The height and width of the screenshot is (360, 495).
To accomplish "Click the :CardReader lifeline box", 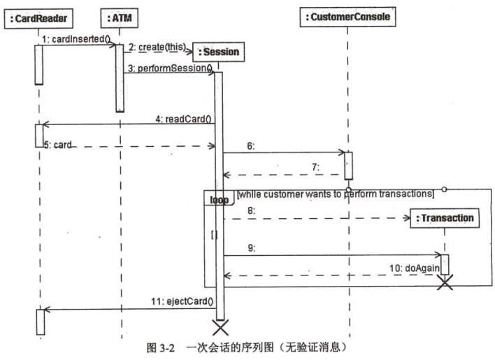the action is pyautogui.click(x=38, y=19).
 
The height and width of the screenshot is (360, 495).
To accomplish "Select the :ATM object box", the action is pyautogui.click(x=120, y=18).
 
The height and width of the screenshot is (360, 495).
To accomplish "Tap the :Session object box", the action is pyautogui.click(x=218, y=52).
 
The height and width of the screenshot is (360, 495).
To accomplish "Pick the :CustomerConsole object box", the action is pyautogui.click(x=347, y=17).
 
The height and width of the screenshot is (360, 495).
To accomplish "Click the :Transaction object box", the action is pyautogui.click(x=445, y=218).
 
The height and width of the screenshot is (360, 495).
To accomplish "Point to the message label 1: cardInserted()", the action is pyautogui.click(x=76, y=39).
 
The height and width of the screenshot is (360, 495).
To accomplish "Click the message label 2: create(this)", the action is pyautogui.click(x=157, y=48).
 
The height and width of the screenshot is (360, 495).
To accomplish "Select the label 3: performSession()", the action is pyautogui.click(x=170, y=68).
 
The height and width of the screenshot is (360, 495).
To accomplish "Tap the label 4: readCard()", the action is pyautogui.click(x=183, y=119).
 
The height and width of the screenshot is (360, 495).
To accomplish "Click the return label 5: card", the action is pyautogui.click(x=57, y=145).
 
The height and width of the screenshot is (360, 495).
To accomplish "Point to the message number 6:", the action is pyautogui.click(x=251, y=146).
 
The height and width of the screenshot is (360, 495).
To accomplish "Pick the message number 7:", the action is pyautogui.click(x=316, y=167).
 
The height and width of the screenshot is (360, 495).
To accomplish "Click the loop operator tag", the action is pyautogui.click(x=219, y=200).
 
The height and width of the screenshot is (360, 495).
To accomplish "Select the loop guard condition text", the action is pyautogui.click(x=336, y=194).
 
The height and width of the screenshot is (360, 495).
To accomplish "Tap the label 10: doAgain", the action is pyautogui.click(x=414, y=268).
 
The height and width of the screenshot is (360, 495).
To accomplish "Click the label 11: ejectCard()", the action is pyautogui.click(x=182, y=301).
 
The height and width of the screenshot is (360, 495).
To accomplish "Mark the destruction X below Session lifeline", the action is pyautogui.click(x=220, y=327).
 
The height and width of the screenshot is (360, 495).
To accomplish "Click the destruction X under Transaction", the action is pyautogui.click(x=445, y=282).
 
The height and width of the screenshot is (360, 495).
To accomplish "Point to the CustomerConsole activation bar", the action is pyautogui.click(x=348, y=166).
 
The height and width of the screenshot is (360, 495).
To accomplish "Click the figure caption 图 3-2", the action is pyautogui.click(x=161, y=348).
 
